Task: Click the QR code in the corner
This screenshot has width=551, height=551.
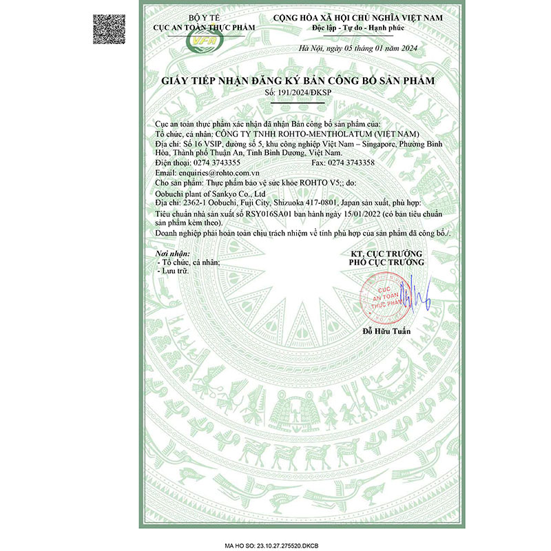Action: pyautogui.click(x=110, y=28)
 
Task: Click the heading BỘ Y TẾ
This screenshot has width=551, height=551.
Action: pyautogui.click(x=205, y=17)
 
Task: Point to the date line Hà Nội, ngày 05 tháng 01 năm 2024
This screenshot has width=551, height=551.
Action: pyautogui.click(x=359, y=48)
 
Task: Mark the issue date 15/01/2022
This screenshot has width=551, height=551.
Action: pyautogui.click(x=352, y=215)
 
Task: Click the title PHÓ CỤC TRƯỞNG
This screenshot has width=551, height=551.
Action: pyautogui.click(x=386, y=262)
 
